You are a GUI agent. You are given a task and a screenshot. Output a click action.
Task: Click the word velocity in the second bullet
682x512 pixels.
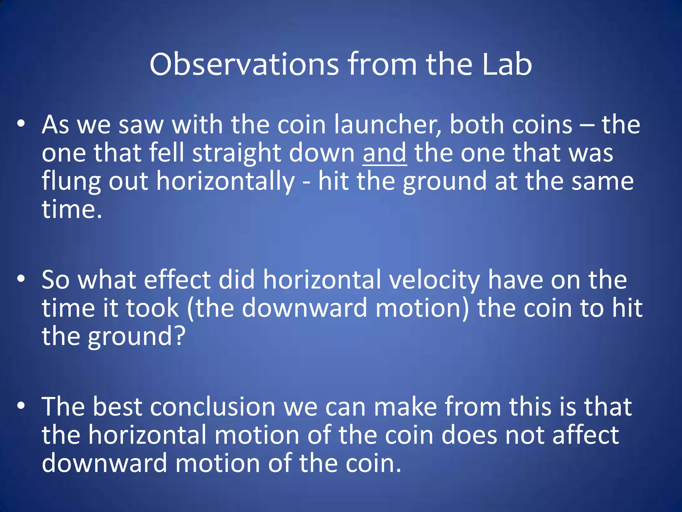click(434, 280)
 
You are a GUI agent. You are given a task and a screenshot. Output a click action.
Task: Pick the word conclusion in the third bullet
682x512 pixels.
click(213, 407)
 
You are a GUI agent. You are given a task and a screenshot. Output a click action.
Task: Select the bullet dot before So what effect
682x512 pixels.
click(21, 279)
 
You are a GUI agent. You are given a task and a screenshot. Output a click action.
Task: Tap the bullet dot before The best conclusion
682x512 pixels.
click(21, 406)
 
